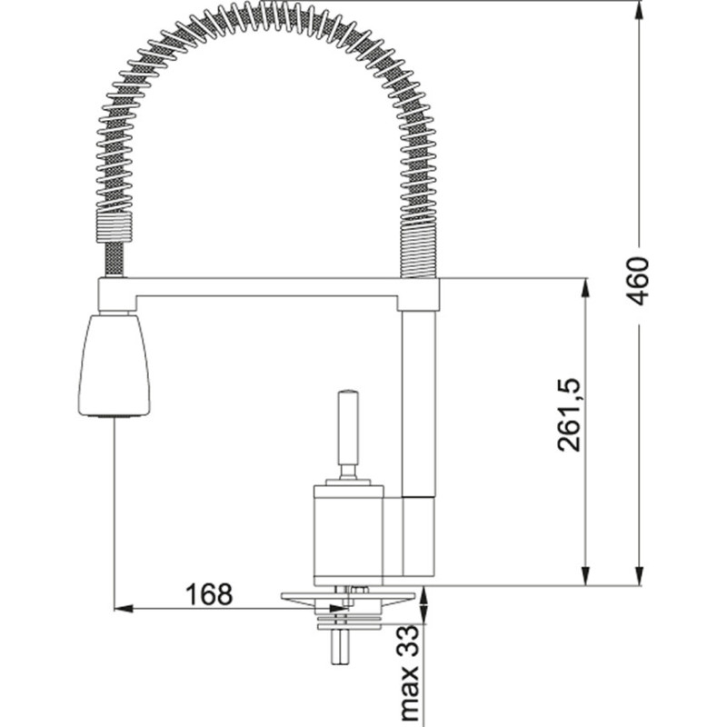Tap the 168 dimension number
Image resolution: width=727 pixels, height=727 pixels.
(x=209, y=594)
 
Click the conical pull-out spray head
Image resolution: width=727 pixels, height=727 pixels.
(x=114, y=363)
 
